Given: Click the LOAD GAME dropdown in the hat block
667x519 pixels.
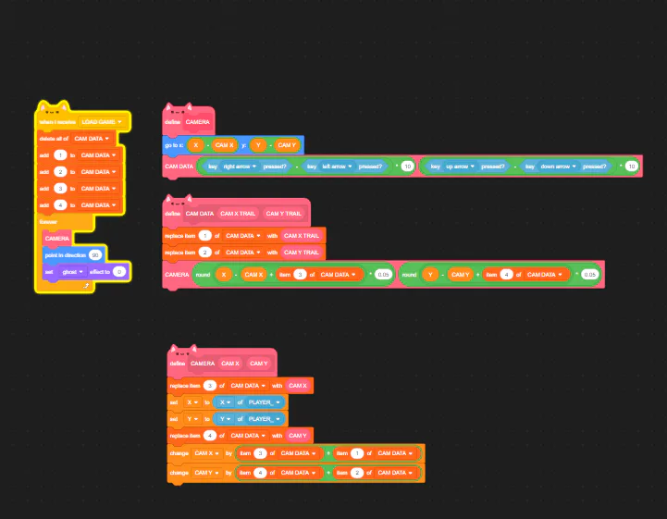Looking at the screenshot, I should (x=102, y=121).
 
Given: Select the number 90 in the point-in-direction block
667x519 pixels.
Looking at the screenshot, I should (x=95, y=254).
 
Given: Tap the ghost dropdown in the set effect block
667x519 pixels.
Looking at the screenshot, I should (x=72, y=271).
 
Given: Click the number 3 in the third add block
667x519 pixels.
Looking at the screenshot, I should (x=60, y=188).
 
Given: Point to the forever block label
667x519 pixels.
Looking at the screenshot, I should (x=48, y=221).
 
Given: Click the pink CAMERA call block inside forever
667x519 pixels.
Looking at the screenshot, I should (x=57, y=238).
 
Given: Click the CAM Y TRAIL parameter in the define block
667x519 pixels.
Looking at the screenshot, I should (x=283, y=214).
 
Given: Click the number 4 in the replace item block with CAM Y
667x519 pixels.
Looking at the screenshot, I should (x=210, y=435).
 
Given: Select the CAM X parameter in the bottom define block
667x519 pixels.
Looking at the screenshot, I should (x=231, y=364).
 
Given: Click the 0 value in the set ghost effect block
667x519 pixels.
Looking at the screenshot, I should (x=119, y=271).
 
